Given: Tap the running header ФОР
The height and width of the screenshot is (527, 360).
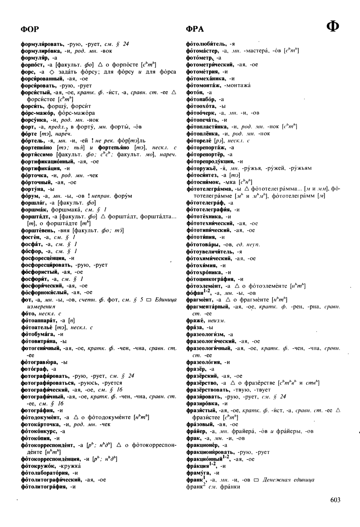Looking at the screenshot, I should [30, 29].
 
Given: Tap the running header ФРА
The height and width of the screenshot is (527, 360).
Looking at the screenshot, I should [195, 29].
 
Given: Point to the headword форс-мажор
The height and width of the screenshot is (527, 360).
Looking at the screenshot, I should [37, 113].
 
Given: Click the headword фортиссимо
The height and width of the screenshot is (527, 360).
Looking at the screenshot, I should [37, 154].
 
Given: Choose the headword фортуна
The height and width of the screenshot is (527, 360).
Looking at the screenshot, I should [33, 189].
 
